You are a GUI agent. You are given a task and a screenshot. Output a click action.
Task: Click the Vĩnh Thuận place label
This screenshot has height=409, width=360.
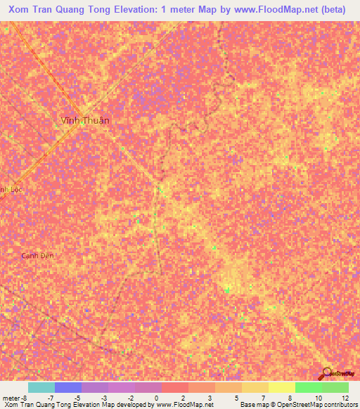(x=84, y=120)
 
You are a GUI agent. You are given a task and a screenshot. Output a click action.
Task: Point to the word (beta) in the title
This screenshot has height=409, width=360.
(x=333, y=11)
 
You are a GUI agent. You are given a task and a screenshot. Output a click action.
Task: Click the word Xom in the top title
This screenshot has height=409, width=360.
(x=22, y=11)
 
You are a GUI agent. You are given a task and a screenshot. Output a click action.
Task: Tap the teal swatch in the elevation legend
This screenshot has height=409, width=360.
(x=41, y=387)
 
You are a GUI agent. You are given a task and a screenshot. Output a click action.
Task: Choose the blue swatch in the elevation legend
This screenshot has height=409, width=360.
(x=67, y=387)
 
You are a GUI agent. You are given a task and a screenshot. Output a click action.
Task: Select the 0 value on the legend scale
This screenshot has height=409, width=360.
(x=155, y=397)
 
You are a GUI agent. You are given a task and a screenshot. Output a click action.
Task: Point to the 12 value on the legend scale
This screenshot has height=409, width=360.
(x=345, y=397)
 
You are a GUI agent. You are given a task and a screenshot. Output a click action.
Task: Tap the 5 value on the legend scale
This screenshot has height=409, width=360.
(x=236, y=397)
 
